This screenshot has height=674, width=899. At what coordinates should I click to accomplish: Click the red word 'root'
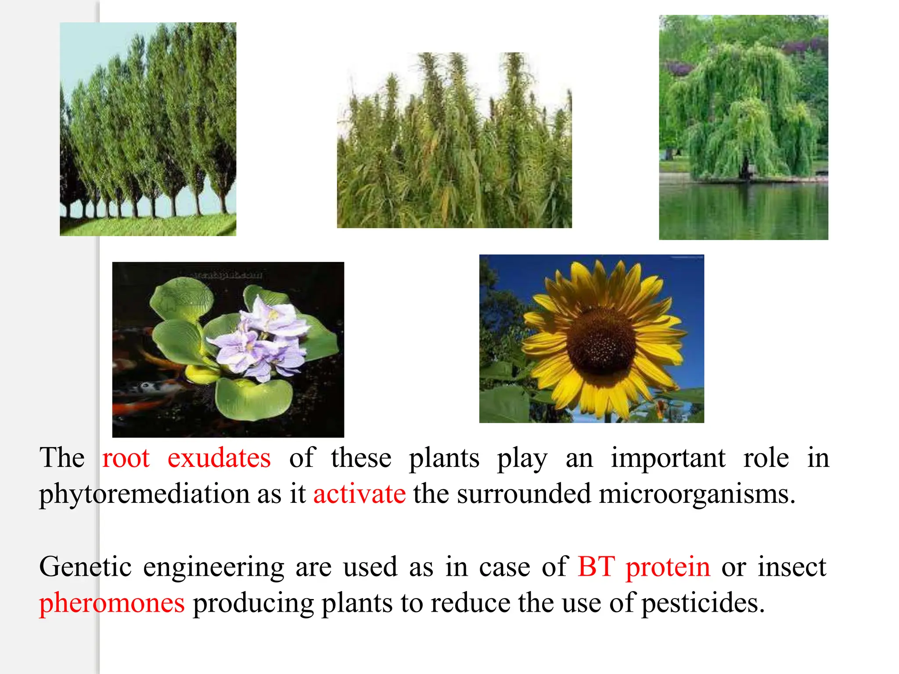click(126, 459)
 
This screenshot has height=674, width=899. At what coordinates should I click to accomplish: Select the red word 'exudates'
click(219, 459)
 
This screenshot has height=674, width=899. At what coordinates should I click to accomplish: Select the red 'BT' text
click(596, 567)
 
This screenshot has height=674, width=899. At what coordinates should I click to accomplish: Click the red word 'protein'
click(667, 567)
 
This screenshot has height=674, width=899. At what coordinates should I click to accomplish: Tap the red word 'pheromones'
click(112, 604)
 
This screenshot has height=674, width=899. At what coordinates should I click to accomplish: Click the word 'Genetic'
click(85, 567)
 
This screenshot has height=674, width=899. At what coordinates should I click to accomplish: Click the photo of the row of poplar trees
click(148, 129)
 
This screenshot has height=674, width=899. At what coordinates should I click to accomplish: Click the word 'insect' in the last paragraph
click(792, 567)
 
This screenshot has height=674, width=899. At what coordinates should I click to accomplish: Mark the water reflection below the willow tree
click(743, 211)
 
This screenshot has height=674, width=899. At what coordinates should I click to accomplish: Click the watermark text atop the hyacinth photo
click(228, 275)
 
